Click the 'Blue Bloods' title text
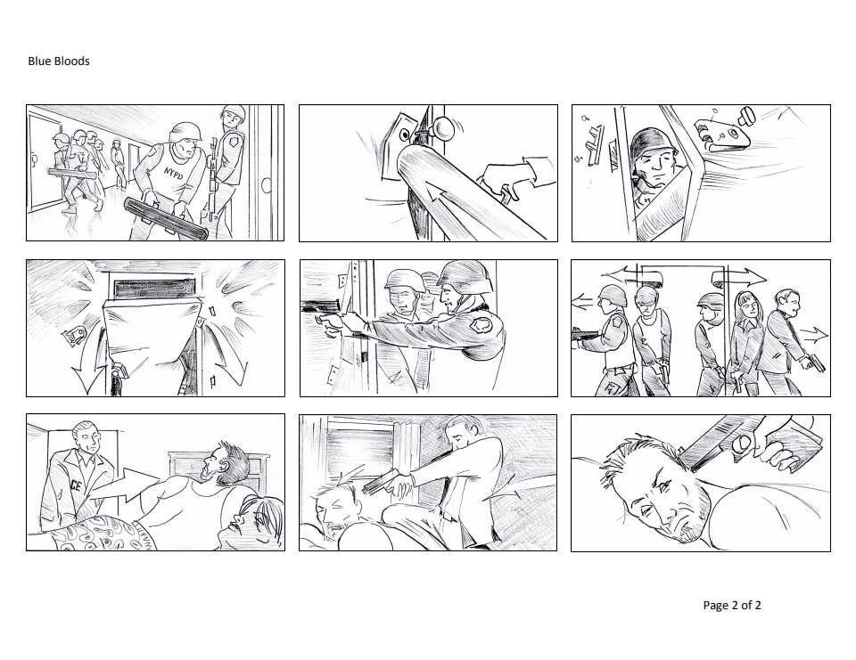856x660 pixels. pos(59,61)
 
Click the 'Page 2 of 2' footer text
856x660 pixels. pos(731,605)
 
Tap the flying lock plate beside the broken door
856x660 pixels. pos(720,134)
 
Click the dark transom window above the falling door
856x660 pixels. pos(154,288)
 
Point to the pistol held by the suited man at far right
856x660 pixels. pos(814,363)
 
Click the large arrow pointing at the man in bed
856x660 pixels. pos(124,485)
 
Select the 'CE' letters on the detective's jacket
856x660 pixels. pos(75,483)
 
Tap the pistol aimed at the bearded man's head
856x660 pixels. pos(383,482)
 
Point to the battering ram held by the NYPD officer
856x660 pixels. pos(166,219)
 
